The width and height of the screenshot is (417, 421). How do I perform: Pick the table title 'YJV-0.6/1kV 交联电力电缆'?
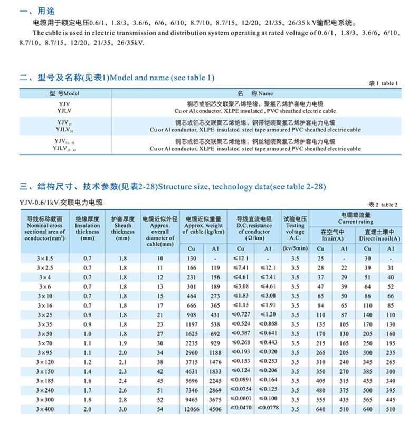pyautogui.click(x=62, y=202)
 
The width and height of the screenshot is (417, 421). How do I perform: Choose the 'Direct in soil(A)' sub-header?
pyautogui.click(x=379, y=238)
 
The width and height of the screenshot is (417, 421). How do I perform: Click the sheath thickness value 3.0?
pyautogui.click(x=123, y=409)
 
